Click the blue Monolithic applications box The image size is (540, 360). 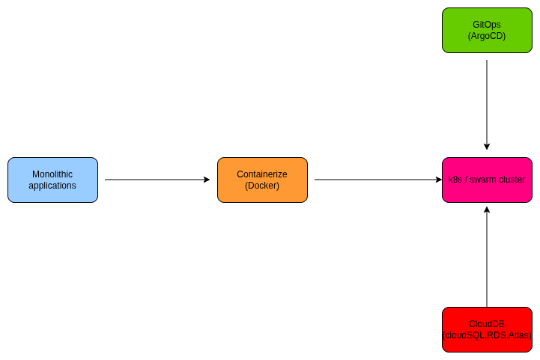point(52,180)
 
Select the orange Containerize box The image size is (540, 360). point(262,180)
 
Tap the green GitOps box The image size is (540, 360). point(487,30)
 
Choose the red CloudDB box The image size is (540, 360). point(487,329)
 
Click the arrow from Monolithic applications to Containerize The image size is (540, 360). point(157,180)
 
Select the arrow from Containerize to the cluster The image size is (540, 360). point(374,180)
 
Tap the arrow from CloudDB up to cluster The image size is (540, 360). point(487,254)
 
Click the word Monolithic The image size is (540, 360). point(52,174)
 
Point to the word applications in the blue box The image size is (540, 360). point(52,186)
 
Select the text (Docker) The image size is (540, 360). point(262,186)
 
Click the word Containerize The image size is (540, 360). point(262,174)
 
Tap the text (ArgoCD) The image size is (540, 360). point(487,36)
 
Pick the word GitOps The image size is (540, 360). point(487,25)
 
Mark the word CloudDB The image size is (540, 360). point(487,324)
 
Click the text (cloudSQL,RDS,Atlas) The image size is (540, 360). point(487,335)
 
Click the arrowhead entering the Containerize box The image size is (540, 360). point(207,180)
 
